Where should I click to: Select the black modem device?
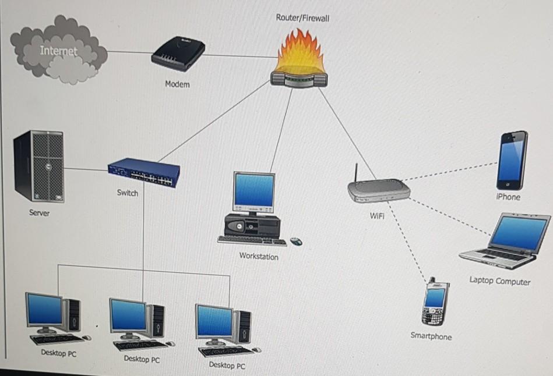(x=178, y=54)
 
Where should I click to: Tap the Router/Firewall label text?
(x=302, y=18)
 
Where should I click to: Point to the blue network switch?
(x=144, y=173)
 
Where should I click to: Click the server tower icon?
(x=39, y=166)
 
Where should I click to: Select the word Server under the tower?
(x=40, y=213)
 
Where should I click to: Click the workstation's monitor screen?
(x=253, y=190)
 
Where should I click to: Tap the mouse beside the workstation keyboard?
(x=296, y=240)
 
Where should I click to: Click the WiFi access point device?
(x=379, y=190)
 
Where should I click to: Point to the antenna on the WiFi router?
(x=355, y=173)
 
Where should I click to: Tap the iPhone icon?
(x=512, y=159)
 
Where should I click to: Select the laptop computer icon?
(x=506, y=241)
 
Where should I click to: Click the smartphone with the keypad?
(x=436, y=303)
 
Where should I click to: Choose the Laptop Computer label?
(x=500, y=281)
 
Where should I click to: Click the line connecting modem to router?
(x=239, y=56)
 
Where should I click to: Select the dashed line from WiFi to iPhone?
(x=449, y=172)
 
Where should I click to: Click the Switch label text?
(x=127, y=193)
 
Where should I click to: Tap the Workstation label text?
(x=259, y=256)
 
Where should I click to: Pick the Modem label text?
(x=177, y=84)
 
